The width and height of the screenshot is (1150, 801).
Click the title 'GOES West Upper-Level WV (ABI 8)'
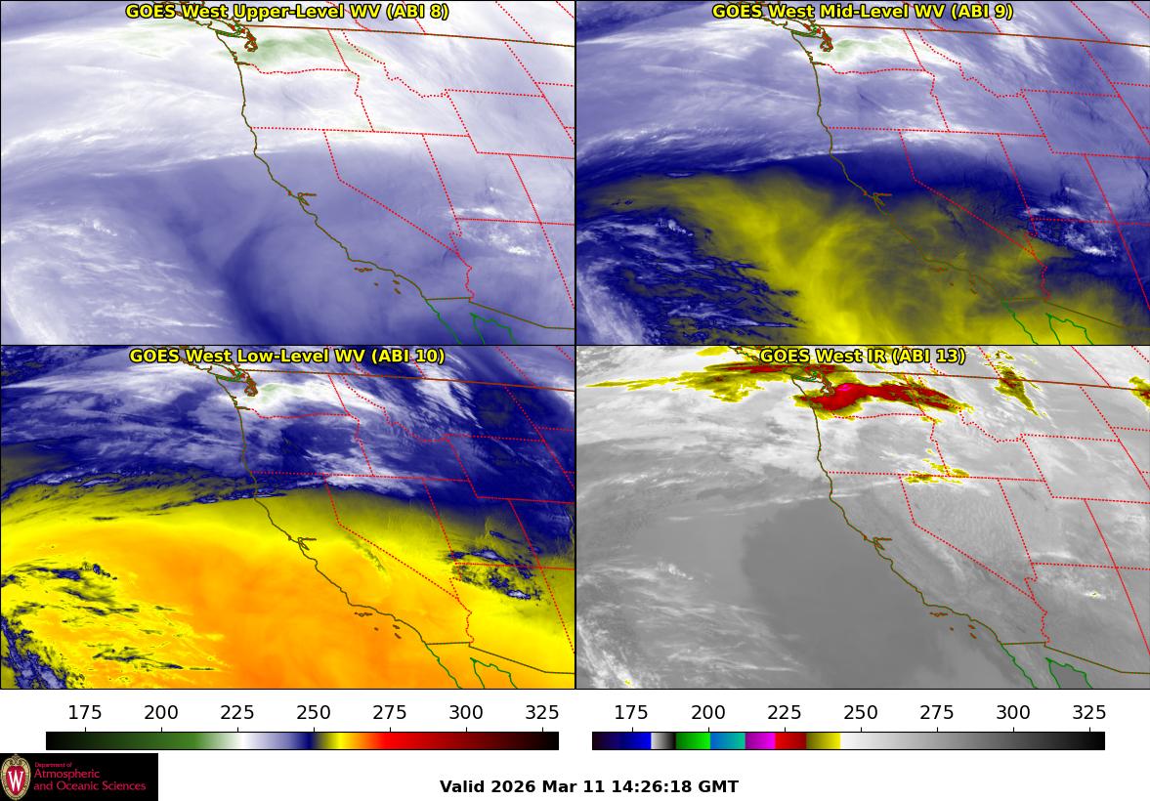(x=287, y=12)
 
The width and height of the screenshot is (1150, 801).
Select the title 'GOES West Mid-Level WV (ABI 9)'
(x=863, y=12)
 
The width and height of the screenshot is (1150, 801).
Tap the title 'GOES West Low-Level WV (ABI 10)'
(x=287, y=356)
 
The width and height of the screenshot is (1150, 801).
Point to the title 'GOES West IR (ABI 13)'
(x=863, y=356)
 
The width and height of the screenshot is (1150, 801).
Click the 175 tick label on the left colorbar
(x=85, y=712)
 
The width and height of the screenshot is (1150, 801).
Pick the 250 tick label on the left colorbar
(x=314, y=712)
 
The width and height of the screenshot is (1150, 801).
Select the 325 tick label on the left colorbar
(x=542, y=712)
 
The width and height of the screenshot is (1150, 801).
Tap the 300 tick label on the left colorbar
(x=466, y=712)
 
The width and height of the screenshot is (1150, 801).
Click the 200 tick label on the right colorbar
(x=707, y=712)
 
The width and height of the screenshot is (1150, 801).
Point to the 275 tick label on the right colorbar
(x=936, y=712)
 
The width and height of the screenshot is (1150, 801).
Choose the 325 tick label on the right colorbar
(x=1088, y=712)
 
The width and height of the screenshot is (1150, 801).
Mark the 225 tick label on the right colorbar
(x=784, y=712)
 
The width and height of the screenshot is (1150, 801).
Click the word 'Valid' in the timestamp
(x=461, y=786)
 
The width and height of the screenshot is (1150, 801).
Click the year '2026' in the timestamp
(x=512, y=786)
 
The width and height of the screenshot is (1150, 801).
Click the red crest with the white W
(x=17, y=778)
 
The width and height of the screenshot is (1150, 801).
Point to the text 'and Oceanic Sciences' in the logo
(x=90, y=785)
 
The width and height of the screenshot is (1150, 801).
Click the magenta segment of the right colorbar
(x=760, y=740)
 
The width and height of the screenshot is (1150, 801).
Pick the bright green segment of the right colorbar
(x=692, y=740)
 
